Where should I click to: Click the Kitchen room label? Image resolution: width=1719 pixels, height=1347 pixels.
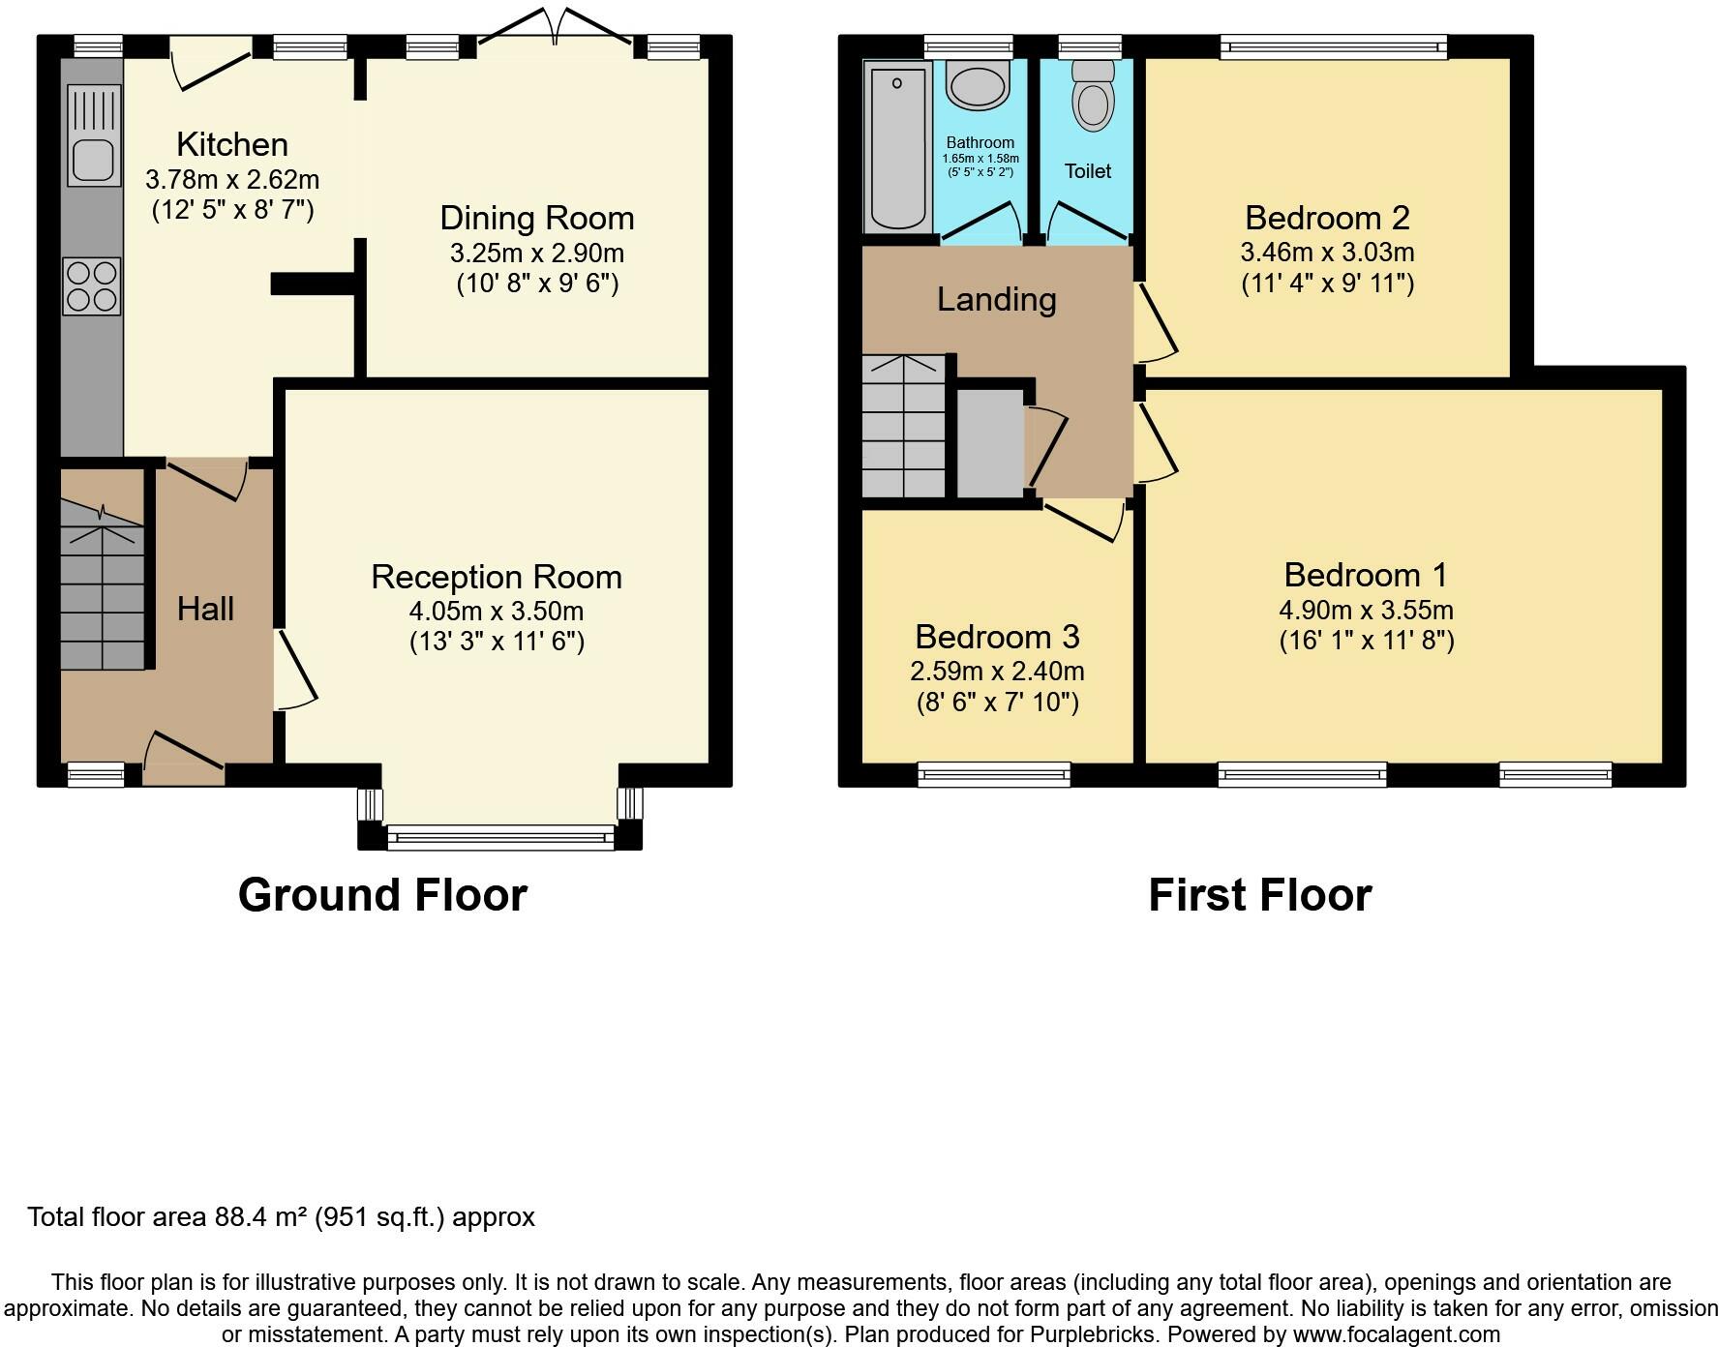[232, 144]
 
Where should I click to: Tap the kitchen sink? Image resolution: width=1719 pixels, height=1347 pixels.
[94, 135]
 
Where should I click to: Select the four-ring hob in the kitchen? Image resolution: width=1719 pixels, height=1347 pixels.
[92, 286]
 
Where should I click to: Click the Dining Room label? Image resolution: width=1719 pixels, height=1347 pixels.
[537, 218]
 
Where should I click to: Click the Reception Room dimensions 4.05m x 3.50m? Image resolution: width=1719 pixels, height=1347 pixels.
[497, 612]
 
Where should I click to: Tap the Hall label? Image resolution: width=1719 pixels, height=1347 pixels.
[205, 609]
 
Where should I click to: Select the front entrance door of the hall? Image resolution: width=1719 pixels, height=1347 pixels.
[184, 759]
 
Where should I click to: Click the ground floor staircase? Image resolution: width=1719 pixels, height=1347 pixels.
[103, 584]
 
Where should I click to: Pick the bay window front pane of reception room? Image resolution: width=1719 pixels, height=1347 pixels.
[500, 837]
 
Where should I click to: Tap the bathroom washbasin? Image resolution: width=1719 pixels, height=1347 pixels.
[979, 84]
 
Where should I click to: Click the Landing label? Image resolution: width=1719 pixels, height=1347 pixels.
[997, 299]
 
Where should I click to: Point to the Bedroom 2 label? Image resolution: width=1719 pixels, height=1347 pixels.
[1327, 217]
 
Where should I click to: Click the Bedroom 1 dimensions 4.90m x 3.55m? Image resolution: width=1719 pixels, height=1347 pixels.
[1367, 610]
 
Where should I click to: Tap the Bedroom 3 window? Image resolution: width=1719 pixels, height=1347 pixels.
[994, 774]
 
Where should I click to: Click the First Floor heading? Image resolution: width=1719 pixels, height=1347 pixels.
[1260, 895]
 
